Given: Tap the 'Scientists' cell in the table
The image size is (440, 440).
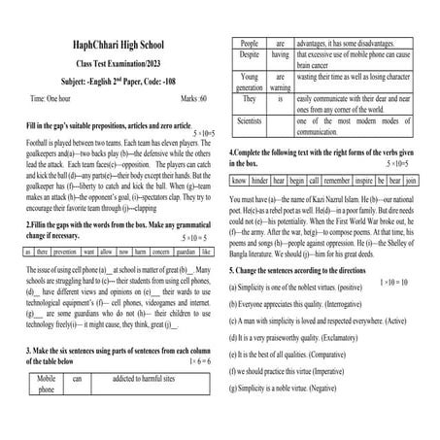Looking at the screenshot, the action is pyautogui.click(x=249, y=122).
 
